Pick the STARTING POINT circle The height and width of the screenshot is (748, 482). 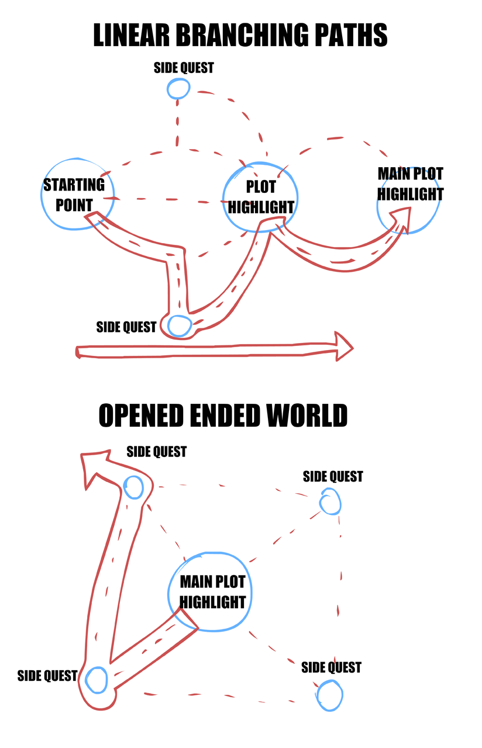tap(77, 193)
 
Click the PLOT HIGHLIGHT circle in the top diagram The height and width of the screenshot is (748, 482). tap(261, 198)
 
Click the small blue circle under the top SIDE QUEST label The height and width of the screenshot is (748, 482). tap(178, 89)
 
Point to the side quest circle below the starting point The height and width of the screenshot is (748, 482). tap(179, 325)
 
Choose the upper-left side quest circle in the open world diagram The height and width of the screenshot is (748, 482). tap(134, 487)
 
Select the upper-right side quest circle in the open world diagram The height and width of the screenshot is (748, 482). tap(330, 502)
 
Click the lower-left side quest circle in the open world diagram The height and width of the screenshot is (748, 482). tap(97, 680)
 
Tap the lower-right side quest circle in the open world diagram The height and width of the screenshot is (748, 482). tap(329, 695)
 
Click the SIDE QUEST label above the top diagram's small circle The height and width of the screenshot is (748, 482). tap(184, 68)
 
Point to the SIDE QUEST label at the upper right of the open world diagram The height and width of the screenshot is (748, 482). tap(333, 477)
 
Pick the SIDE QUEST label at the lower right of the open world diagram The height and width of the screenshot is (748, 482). tap(331, 667)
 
